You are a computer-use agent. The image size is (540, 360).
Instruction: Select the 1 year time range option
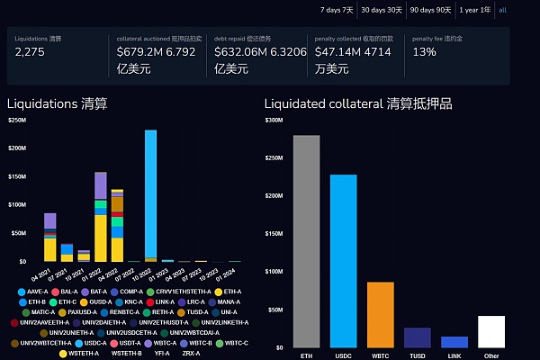click(x=474, y=9)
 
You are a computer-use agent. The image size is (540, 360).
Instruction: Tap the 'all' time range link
click(x=502, y=9)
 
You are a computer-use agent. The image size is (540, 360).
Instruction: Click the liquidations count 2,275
click(x=31, y=53)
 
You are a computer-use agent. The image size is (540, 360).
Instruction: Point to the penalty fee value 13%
click(x=424, y=53)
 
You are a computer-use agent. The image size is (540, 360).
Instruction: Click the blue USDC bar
click(x=343, y=261)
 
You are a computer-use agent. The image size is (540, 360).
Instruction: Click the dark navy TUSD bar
click(x=417, y=337)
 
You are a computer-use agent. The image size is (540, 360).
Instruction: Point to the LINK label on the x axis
click(x=454, y=355)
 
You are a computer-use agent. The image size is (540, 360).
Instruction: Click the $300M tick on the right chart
click(x=274, y=120)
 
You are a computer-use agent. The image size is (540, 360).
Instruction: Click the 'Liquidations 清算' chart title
click(x=57, y=103)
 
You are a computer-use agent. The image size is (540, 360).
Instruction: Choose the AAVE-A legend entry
click(x=37, y=292)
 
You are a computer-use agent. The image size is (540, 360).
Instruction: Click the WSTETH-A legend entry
click(x=80, y=354)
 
